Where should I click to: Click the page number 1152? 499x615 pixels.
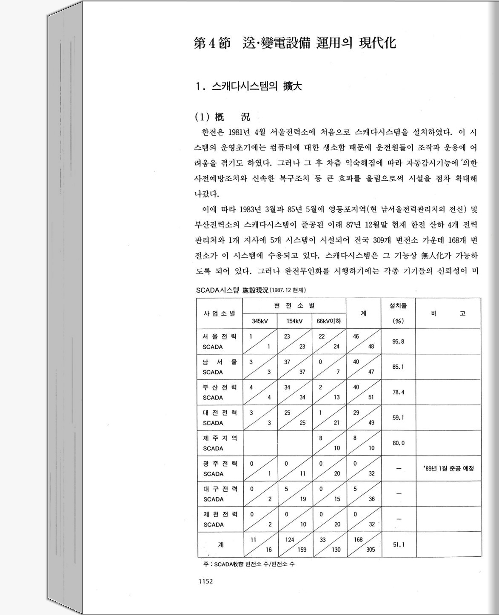coord(205,581)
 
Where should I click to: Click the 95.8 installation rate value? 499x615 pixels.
coord(398,342)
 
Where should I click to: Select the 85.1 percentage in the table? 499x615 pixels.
coord(398,367)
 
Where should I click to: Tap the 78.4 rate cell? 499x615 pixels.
coord(398,392)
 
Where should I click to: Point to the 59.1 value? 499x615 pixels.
coord(398,418)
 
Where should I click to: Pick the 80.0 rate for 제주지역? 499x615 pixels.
coord(398,443)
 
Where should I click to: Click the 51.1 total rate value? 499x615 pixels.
coord(398,544)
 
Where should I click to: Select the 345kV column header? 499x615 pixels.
coord(259,321)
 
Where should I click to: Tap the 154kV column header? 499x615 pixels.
coord(294,321)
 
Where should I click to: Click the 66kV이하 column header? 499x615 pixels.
coord(329,321)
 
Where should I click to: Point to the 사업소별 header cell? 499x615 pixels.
coord(220,313)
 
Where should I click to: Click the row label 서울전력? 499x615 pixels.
coord(220,336)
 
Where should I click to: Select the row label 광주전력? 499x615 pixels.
coord(220,463)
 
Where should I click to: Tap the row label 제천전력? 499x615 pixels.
coord(220,514)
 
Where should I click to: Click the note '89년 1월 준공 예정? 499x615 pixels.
coord(448,468)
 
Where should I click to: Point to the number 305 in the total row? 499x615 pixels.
coord(371,550)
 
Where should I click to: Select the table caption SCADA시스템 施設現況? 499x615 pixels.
coord(251,290)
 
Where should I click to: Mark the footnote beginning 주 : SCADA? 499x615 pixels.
coord(249,564)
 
